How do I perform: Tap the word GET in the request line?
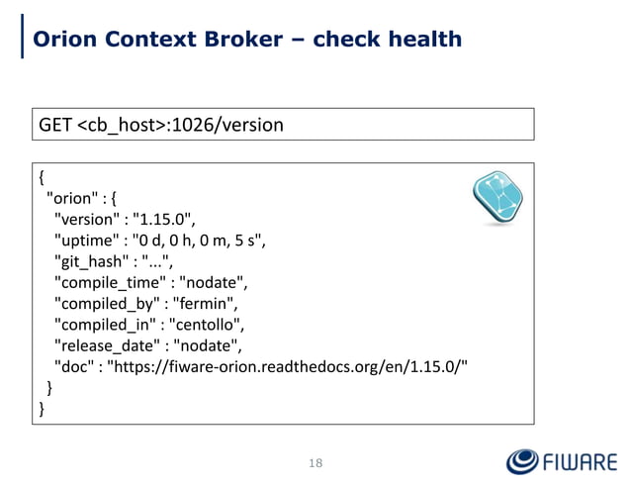tap(55, 126)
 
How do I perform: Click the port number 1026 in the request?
tap(204, 126)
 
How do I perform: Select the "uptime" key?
tap(88, 240)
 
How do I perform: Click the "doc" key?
tap(75, 364)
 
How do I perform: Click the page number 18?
tap(315, 462)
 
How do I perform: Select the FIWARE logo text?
tap(582, 461)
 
